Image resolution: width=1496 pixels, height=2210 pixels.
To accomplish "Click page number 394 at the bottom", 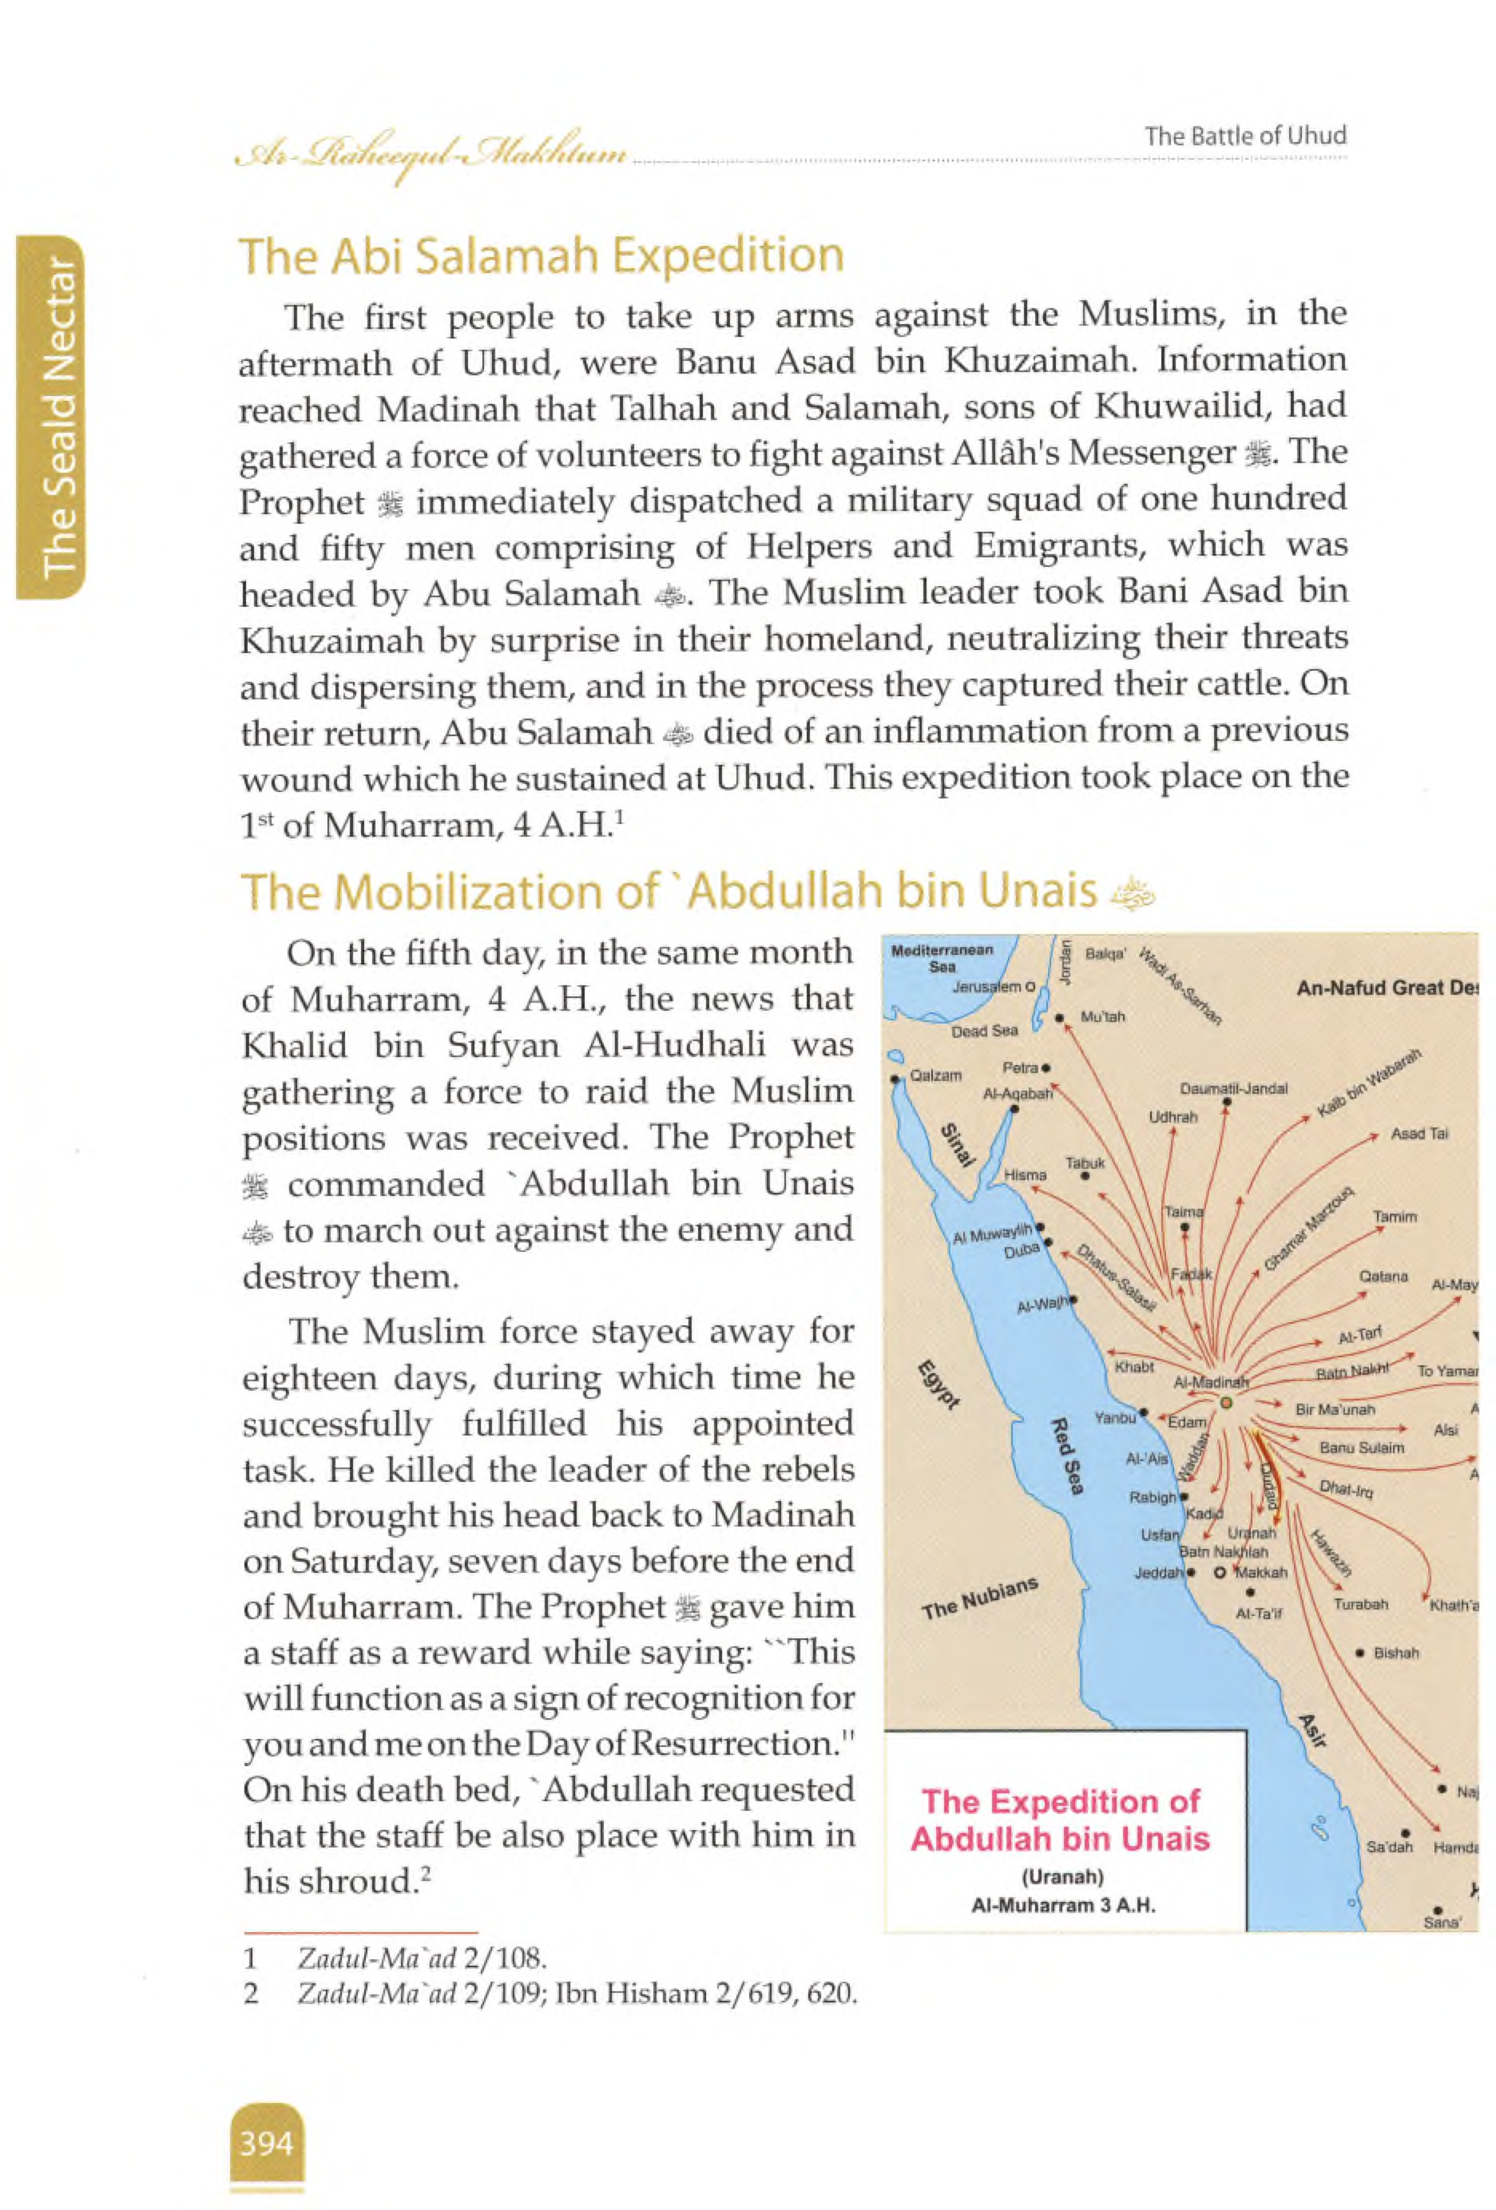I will (266, 2142).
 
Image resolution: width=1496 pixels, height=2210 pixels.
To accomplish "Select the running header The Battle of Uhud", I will (1245, 136).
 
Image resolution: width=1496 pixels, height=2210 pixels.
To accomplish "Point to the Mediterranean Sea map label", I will (942, 957).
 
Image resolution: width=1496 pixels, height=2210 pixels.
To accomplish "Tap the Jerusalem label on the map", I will (986, 987).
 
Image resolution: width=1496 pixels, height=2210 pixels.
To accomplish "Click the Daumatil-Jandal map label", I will (1232, 1089).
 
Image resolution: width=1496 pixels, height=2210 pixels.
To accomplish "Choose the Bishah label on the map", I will (1395, 1653).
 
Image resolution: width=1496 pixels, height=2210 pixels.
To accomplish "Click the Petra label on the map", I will (1019, 1068).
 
